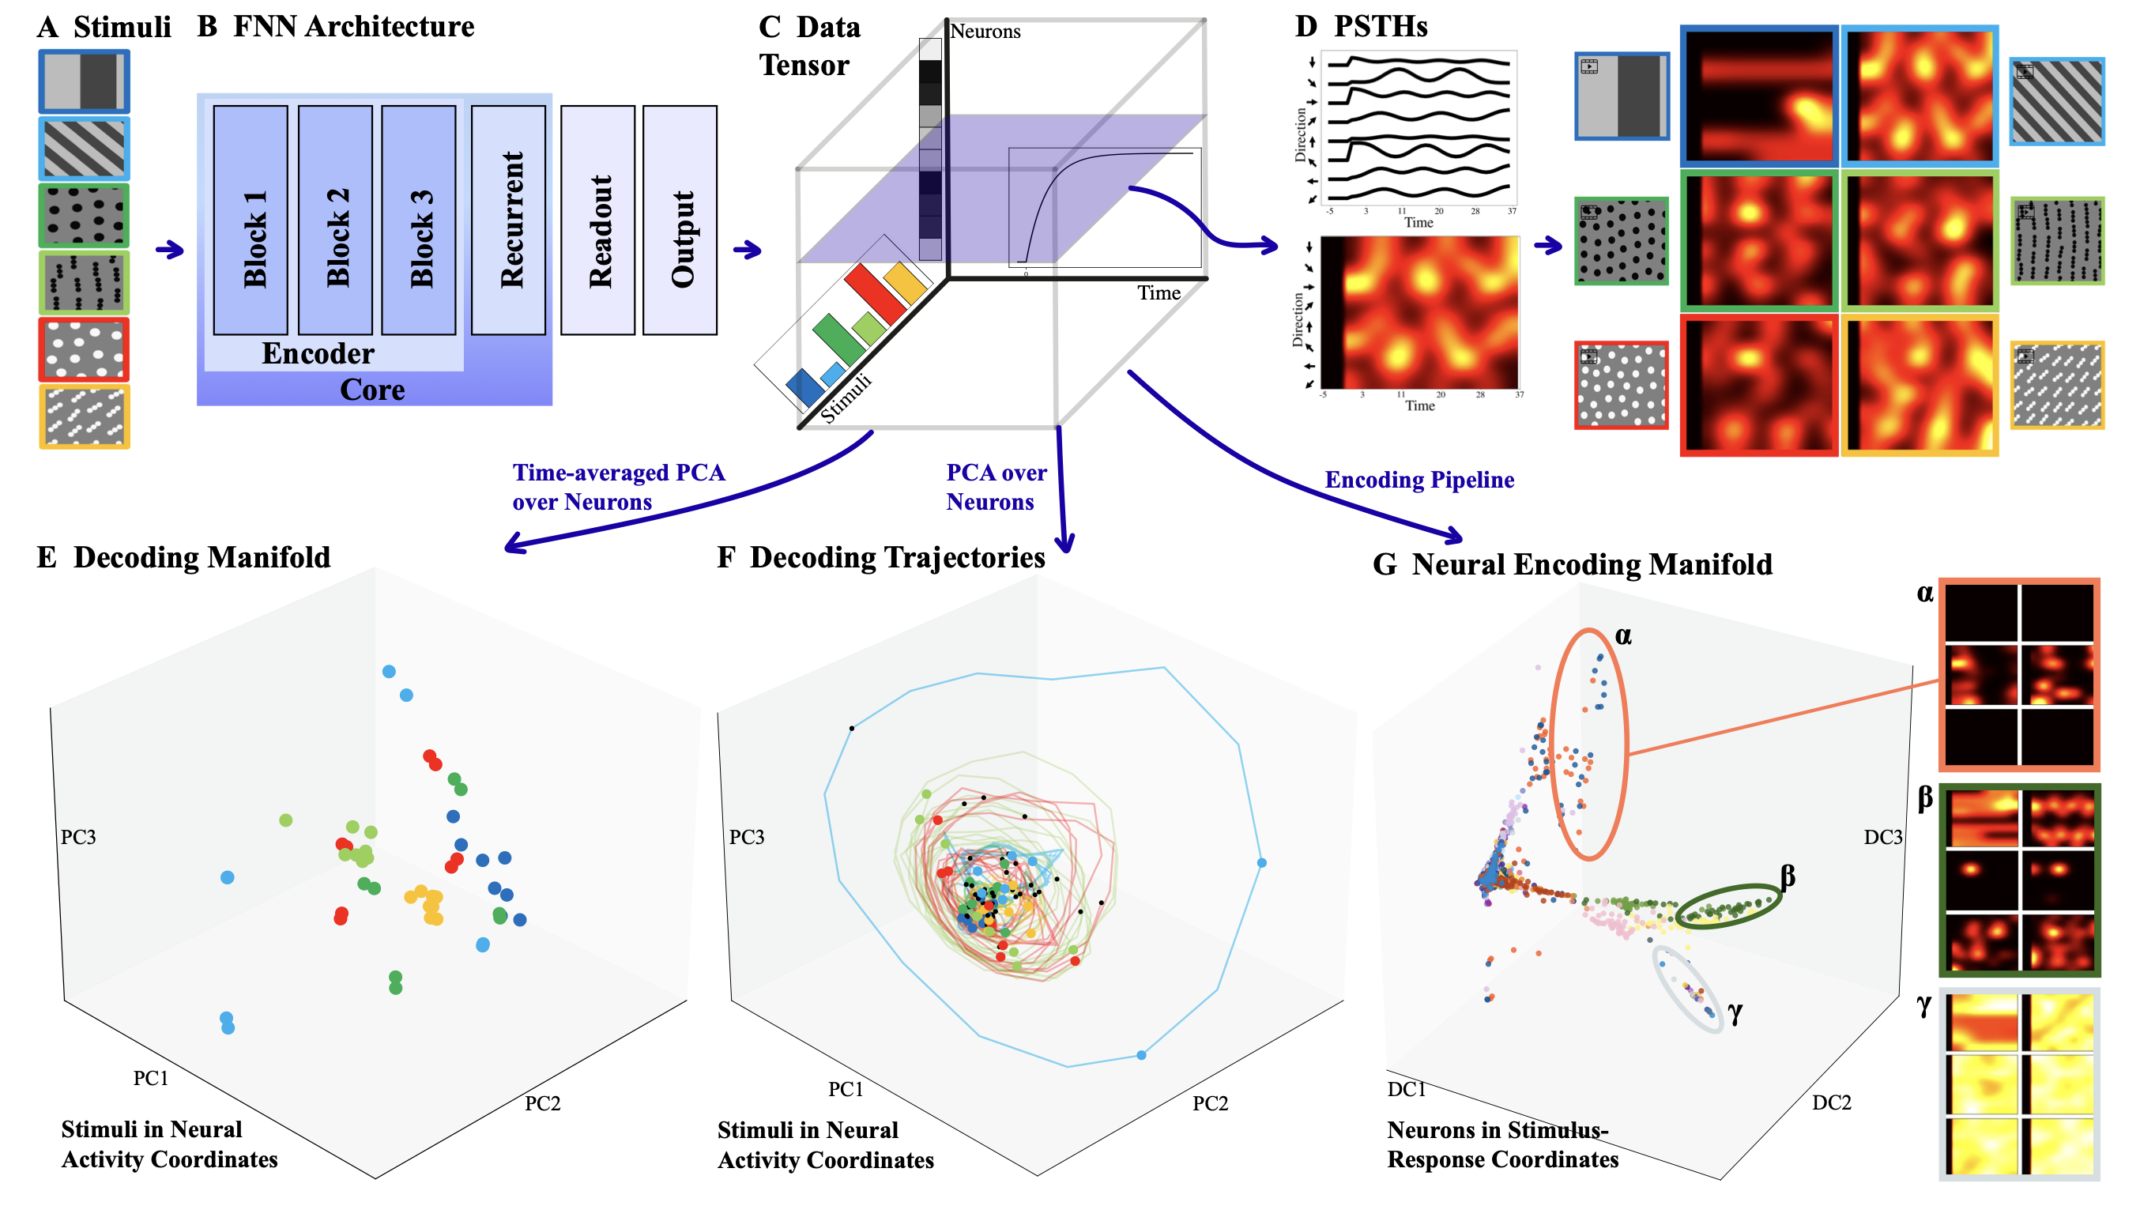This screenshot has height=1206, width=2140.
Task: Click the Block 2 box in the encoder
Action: (335, 220)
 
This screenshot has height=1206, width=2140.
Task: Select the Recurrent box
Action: (507, 220)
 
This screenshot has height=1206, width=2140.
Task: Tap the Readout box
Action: (597, 220)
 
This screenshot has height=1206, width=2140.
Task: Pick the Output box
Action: (680, 220)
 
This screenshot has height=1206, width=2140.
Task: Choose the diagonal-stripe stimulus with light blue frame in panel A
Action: (84, 149)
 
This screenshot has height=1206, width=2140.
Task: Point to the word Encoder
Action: (318, 354)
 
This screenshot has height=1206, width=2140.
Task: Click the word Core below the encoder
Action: (372, 390)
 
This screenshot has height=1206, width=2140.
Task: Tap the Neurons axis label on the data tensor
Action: (985, 32)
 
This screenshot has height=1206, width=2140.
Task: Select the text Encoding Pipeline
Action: (1419, 480)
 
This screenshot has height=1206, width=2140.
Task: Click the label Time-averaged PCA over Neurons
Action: (618, 487)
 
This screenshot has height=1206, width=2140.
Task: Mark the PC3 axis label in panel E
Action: (78, 837)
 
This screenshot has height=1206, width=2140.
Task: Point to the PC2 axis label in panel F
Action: (1210, 1104)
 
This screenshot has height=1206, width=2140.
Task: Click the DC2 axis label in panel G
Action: (1831, 1103)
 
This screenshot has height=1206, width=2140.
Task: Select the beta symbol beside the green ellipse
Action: (1788, 876)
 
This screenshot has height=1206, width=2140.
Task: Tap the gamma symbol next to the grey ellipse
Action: (1735, 1012)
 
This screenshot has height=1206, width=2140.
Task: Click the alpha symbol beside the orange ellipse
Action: (1622, 636)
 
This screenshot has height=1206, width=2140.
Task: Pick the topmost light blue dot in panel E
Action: (389, 671)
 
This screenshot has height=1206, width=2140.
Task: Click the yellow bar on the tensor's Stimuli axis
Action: (905, 283)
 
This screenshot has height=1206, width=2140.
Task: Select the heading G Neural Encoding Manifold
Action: (1572, 565)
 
